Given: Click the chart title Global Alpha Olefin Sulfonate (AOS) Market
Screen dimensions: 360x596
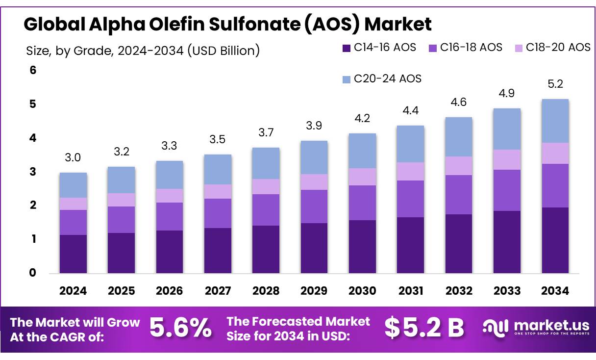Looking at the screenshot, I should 227,24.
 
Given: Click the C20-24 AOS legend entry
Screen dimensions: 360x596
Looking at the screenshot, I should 382,78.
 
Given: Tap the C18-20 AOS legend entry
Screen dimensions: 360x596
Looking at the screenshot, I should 552,48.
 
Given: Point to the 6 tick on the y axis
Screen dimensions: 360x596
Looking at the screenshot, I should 33,70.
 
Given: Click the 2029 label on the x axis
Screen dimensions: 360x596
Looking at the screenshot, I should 314,291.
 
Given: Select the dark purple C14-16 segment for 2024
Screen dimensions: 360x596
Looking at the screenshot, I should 73,254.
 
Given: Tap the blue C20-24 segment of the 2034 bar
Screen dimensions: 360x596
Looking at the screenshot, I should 555,121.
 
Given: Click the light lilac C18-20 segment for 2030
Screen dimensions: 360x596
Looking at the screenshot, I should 362,177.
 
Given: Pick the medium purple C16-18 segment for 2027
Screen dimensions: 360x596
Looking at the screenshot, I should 218,213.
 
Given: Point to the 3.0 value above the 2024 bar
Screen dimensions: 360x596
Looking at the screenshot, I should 73,158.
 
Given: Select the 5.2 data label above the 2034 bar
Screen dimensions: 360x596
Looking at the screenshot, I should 555,84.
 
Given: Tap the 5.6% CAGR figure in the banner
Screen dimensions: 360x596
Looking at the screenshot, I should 180,328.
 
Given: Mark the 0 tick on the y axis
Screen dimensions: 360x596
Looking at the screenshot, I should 33,273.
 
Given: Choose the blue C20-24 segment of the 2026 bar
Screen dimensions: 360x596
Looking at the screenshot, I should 170,175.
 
